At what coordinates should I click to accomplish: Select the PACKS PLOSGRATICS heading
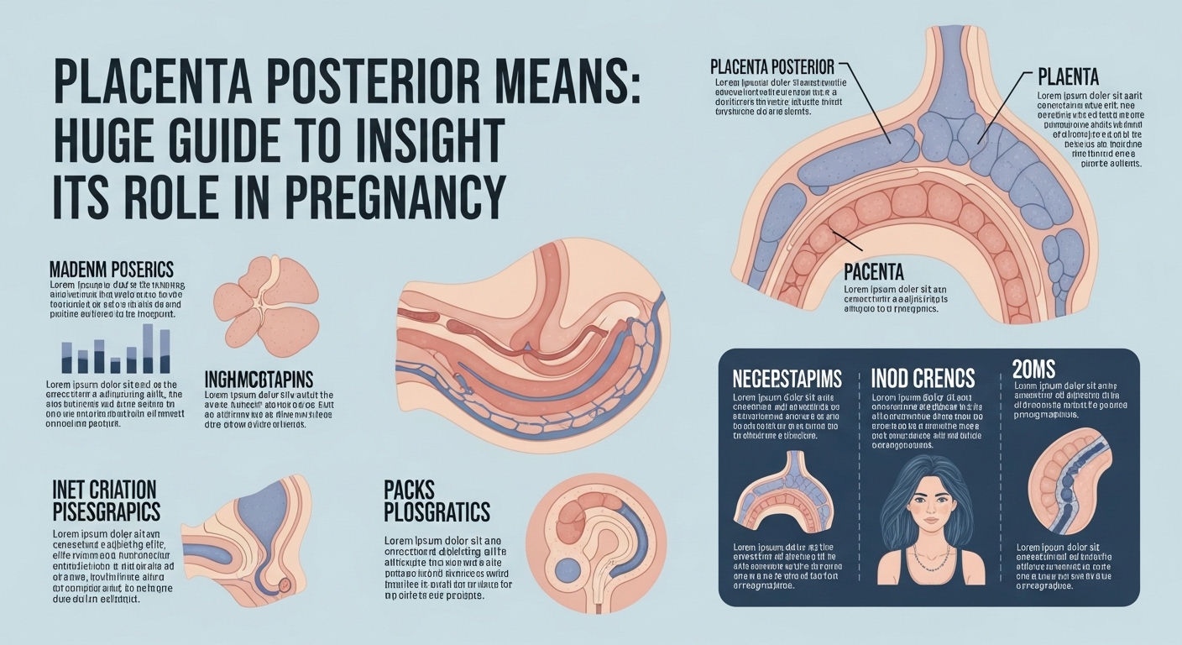pyautogui.click(x=437, y=500)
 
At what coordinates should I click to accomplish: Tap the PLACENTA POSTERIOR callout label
pyautogui.click(x=771, y=66)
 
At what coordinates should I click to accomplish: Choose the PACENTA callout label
pyautogui.click(x=873, y=273)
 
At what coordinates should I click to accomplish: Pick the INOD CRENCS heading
pyautogui.click(x=922, y=378)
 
